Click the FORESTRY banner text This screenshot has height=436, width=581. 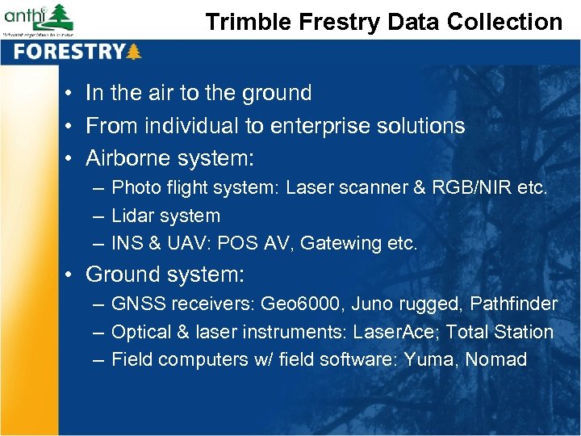(x=69, y=52)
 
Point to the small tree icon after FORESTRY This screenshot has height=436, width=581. (x=134, y=52)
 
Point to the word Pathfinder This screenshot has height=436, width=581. (x=513, y=304)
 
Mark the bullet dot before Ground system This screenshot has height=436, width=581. (x=72, y=275)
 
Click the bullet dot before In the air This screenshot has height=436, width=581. (x=72, y=94)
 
